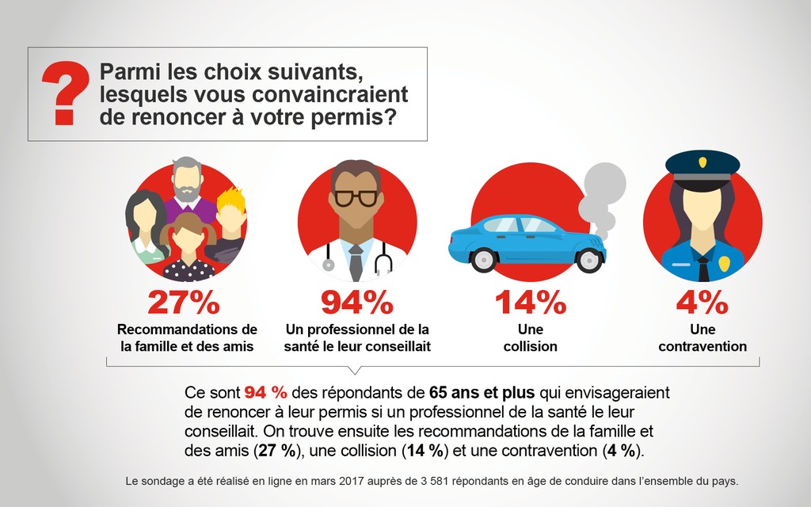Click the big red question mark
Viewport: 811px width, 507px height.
point(66,94)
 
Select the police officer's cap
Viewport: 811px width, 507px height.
point(702,164)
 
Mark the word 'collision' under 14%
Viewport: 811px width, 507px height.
point(530,346)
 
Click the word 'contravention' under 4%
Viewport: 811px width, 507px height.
point(702,346)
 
